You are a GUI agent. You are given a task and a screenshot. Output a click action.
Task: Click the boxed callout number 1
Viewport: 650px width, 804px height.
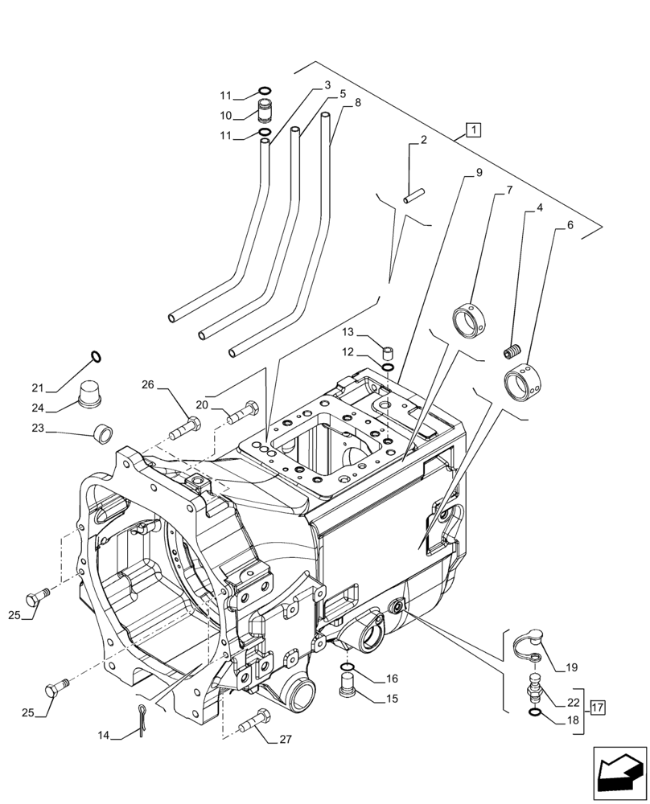[x=473, y=129]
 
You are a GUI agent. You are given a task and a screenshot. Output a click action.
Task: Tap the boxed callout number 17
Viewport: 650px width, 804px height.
[x=597, y=708]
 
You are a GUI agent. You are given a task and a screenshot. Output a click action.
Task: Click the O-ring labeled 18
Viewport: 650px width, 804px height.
[x=535, y=711]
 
